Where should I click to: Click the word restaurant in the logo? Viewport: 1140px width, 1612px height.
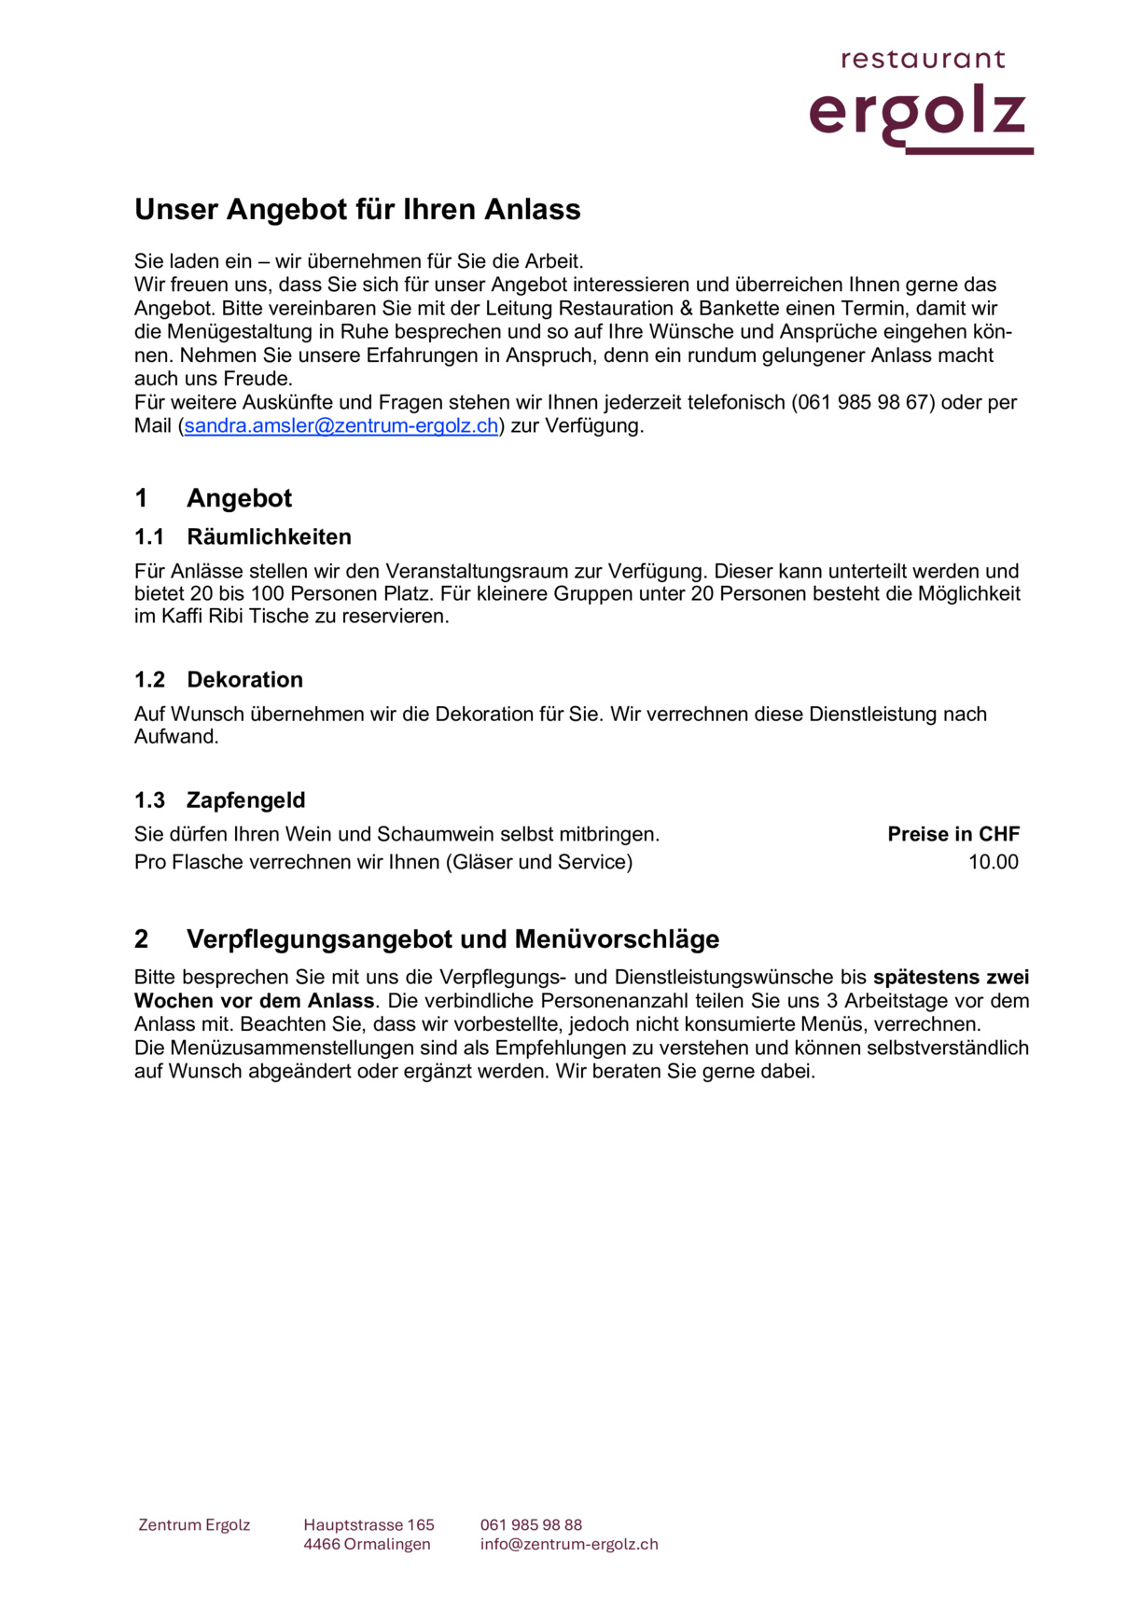pyautogui.click(x=923, y=60)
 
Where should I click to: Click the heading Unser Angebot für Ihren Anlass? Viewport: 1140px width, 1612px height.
pyautogui.click(x=357, y=209)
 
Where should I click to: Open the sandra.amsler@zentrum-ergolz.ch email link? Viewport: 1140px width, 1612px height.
pyautogui.click(x=341, y=426)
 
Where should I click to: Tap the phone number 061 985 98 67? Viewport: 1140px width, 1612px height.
pyautogui.click(x=863, y=403)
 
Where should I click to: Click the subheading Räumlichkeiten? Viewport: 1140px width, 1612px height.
pyautogui.click(x=269, y=537)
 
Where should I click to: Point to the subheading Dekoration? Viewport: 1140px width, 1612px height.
pyautogui.click(x=244, y=680)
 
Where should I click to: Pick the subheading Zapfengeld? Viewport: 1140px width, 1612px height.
pyautogui.click(x=245, y=800)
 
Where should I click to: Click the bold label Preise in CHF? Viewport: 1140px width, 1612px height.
pyautogui.click(x=953, y=835)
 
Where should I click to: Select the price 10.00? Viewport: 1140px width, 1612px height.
pyautogui.click(x=993, y=862)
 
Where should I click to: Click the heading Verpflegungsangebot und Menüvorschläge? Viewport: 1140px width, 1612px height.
pyautogui.click(x=452, y=939)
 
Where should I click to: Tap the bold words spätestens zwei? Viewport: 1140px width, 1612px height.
pyautogui.click(x=951, y=978)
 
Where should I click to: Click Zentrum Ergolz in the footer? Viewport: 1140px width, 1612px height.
pyautogui.click(x=194, y=1525)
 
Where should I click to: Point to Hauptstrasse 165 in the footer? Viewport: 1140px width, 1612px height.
pyautogui.click(x=368, y=1525)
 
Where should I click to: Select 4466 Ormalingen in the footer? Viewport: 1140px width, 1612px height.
pyautogui.click(x=367, y=1545)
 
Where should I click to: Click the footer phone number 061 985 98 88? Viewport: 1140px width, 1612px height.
pyautogui.click(x=531, y=1525)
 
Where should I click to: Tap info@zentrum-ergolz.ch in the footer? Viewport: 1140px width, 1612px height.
pyautogui.click(x=569, y=1545)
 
